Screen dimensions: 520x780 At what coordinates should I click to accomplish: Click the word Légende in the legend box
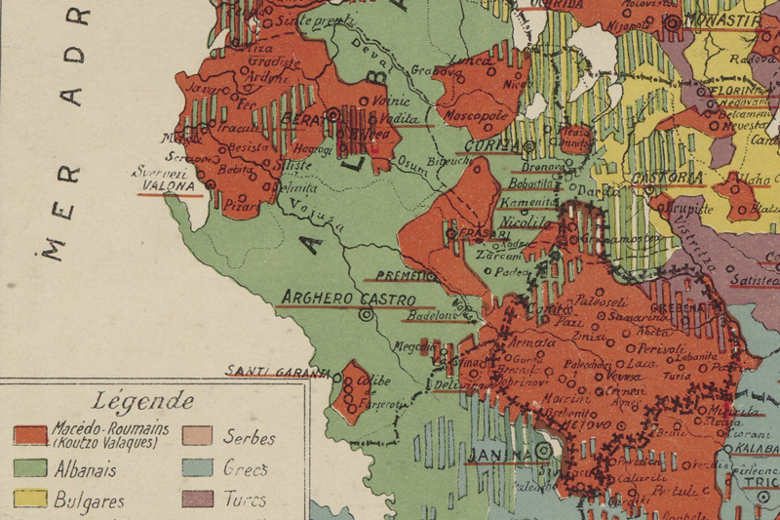click(143, 401)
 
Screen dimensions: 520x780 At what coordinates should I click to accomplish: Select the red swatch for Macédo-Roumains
click(33, 435)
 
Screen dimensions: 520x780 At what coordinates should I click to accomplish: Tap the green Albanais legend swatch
click(33, 469)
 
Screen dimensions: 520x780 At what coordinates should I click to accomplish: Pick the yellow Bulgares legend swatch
click(33, 500)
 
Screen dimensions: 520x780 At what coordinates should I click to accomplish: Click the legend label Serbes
click(250, 438)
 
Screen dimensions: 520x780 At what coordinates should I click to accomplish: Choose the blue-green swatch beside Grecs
click(199, 469)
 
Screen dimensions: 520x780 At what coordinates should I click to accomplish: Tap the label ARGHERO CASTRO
click(348, 298)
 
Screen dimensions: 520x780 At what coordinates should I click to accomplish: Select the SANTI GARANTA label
click(266, 370)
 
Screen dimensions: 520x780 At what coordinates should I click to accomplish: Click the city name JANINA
click(497, 455)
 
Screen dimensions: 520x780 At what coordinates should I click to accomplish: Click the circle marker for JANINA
click(543, 451)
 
